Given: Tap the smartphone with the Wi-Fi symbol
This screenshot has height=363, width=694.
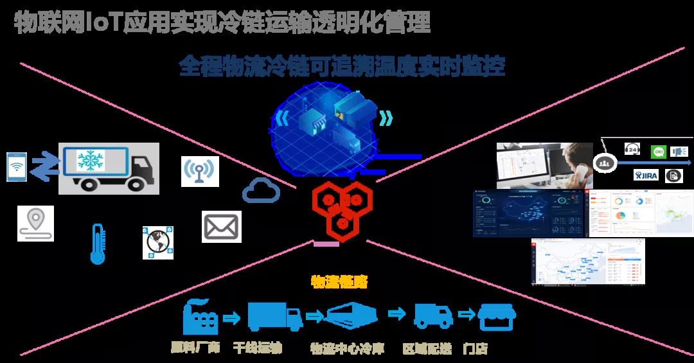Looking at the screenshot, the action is coord(17,166).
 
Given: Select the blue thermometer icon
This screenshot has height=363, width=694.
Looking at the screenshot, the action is coord(97,244).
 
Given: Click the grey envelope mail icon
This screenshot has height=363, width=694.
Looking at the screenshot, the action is coord(222,227).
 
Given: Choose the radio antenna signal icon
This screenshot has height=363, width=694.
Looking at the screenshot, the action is coord(200,172).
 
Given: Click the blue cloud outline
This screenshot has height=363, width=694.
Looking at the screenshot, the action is coord(261,191).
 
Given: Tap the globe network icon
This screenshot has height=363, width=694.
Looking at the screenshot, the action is coord(158,242).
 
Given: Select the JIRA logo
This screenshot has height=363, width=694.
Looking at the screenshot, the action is coord(646,175).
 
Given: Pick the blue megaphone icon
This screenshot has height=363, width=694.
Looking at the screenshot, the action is coord(679,152).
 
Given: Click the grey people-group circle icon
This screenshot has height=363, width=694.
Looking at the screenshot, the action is coord(603,163).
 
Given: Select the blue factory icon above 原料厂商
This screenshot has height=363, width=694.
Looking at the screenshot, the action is coord(200,317).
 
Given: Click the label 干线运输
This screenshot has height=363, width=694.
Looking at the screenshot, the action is coord(257,348).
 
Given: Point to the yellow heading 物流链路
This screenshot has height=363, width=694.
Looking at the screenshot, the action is coord(339,281).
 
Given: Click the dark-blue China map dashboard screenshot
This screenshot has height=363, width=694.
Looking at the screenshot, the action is coord(528,213).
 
